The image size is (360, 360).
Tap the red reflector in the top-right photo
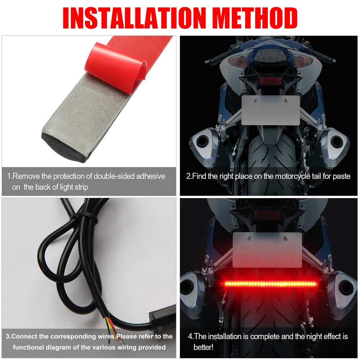[x=270, y=81]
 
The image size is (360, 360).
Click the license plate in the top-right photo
[x=271, y=110]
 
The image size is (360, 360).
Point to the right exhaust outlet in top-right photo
[x=336, y=140]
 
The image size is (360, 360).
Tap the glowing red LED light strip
[x=271, y=284]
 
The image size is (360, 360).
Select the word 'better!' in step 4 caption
[x=203, y=347]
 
